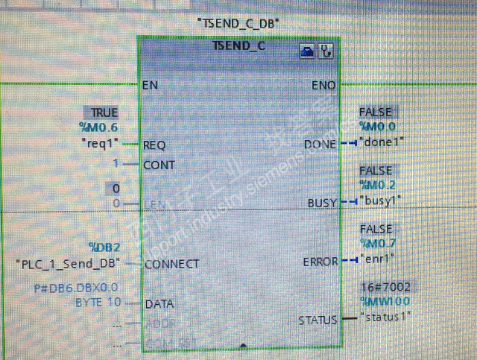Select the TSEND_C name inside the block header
(x=238, y=46)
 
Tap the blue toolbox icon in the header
(x=307, y=51)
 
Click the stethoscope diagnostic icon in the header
(x=326, y=51)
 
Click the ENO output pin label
(x=323, y=86)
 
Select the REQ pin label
(x=154, y=145)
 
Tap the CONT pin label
(x=159, y=165)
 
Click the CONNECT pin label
(x=171, y=263)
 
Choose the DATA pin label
(x=159, y=303)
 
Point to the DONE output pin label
(x=320, y=144)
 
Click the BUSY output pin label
(x=322, y=202)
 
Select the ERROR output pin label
(x=320, y=262)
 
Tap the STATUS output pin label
(x=318, y=320)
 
